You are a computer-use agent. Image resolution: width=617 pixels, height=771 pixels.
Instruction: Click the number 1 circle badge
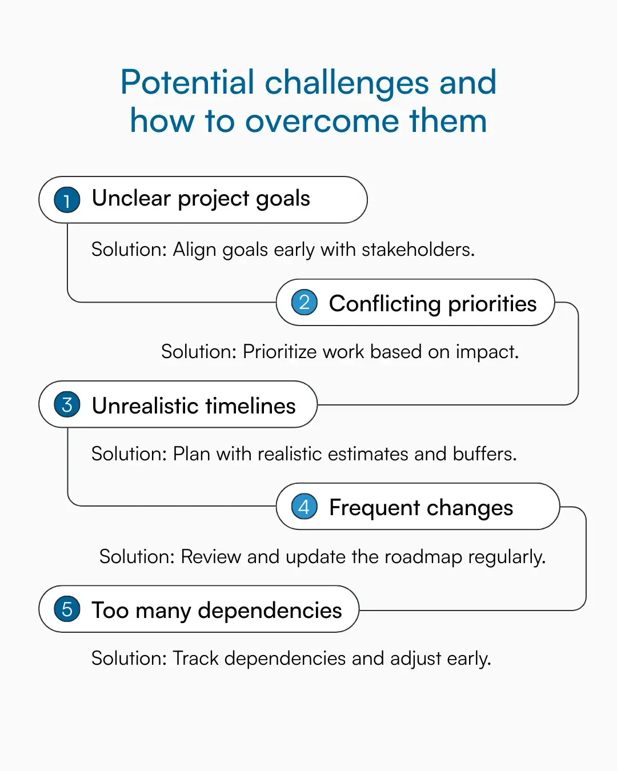click(x=67, y=200)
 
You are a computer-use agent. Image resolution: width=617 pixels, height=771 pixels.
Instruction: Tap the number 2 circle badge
click(x=304, y=302)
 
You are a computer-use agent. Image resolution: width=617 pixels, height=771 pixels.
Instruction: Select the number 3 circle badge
click(x=67, y=405)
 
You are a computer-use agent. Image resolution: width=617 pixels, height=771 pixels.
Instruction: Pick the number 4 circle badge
click(x=304, y=507)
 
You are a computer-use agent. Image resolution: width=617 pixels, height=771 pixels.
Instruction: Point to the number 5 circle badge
click(x=67, y=609)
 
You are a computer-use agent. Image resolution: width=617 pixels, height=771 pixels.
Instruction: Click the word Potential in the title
click(x=187, y=82)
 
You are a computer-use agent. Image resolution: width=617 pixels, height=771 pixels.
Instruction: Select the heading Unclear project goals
click(x=201, y=199)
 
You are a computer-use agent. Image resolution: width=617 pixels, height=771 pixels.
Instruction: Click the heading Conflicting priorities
click(x=432, y=303)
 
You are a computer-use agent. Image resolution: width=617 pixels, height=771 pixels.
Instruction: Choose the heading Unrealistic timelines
click(x=194, y=405)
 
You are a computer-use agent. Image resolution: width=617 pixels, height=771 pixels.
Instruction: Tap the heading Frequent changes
click(x=421, y=508)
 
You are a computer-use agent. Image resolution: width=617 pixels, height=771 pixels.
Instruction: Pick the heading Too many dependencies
click(x=217, y=611)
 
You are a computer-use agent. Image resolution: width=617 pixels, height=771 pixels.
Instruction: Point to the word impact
click(x=487, y=352)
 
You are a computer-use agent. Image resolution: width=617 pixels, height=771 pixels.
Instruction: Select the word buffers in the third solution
click(x=484, y=454)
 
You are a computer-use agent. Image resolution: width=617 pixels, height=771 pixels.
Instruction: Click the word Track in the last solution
click(x=195, y=658)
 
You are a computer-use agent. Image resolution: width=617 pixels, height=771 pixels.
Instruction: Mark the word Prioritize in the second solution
click(x=279, y=352)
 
